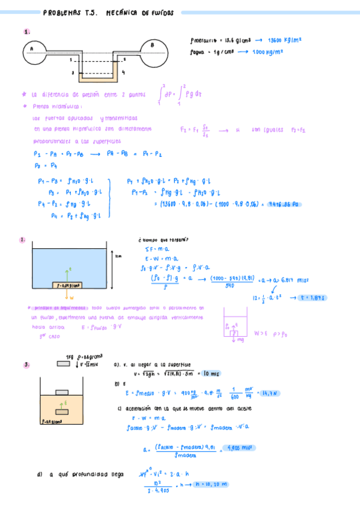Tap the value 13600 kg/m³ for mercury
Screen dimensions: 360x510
285,40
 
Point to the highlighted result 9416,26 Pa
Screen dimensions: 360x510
283,204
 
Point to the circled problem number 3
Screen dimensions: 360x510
26,364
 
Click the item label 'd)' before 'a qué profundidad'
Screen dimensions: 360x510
39,475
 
